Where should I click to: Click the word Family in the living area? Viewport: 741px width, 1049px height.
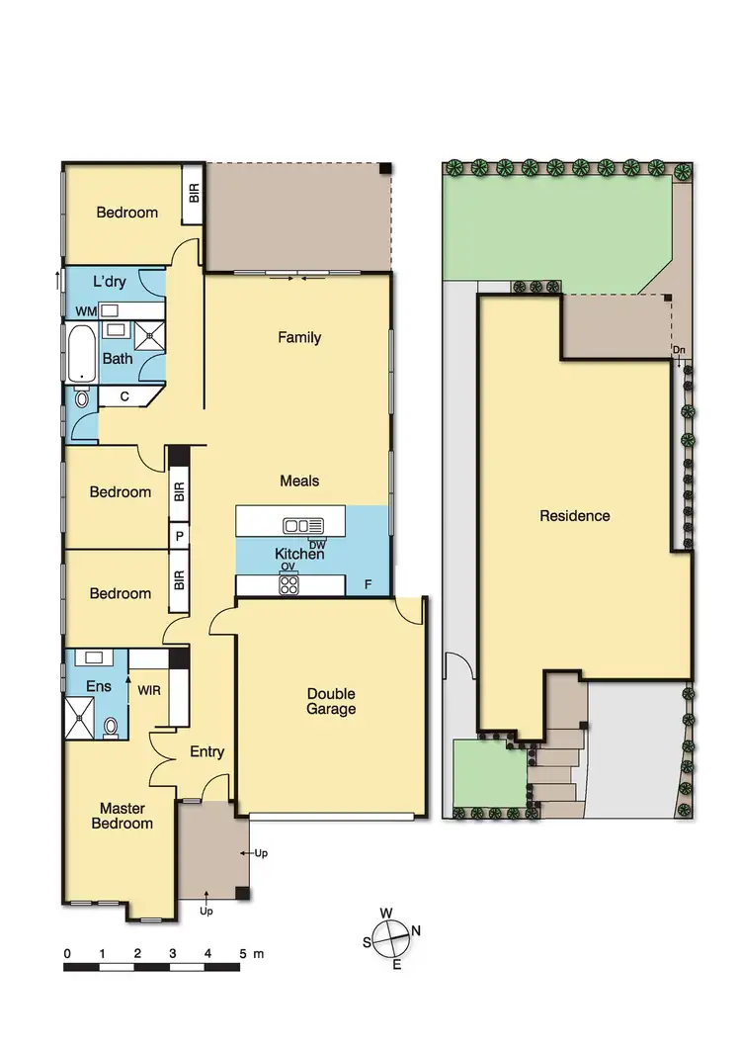pos(299,338)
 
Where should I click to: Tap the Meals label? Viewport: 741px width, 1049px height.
pos(299,481)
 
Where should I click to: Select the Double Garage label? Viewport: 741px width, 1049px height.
pos(331,701)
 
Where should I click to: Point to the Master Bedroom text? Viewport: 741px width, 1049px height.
pos(123,816)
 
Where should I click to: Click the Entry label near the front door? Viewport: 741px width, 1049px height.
pos(206,751)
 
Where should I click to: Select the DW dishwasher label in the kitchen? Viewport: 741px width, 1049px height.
pos(317,544)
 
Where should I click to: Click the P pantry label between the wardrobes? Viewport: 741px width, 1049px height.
pos(180,536)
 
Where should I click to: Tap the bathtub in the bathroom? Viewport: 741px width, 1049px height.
pos(79,354)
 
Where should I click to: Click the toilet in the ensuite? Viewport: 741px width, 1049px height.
pos(111,728)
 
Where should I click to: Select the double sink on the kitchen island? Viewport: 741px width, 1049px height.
pos(301,525)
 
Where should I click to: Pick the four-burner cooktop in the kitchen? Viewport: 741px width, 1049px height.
pos(289,584)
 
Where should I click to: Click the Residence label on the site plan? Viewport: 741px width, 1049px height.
pos(574,515)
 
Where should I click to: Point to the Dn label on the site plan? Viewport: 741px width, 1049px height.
pos(679,350)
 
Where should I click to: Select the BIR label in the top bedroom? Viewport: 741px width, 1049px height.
pos(194,192)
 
